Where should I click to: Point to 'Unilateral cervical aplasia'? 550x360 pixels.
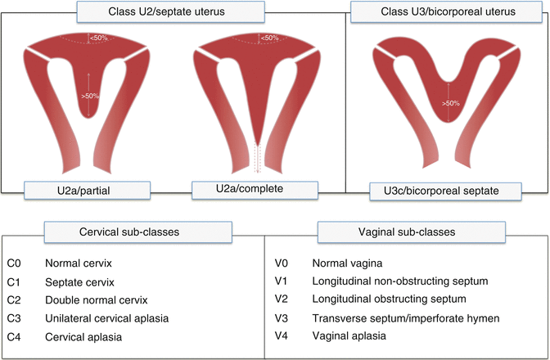tap(105, 317)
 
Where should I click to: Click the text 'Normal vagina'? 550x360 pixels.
tap(347, 265)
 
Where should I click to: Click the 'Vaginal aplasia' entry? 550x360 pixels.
tap(350, 334)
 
